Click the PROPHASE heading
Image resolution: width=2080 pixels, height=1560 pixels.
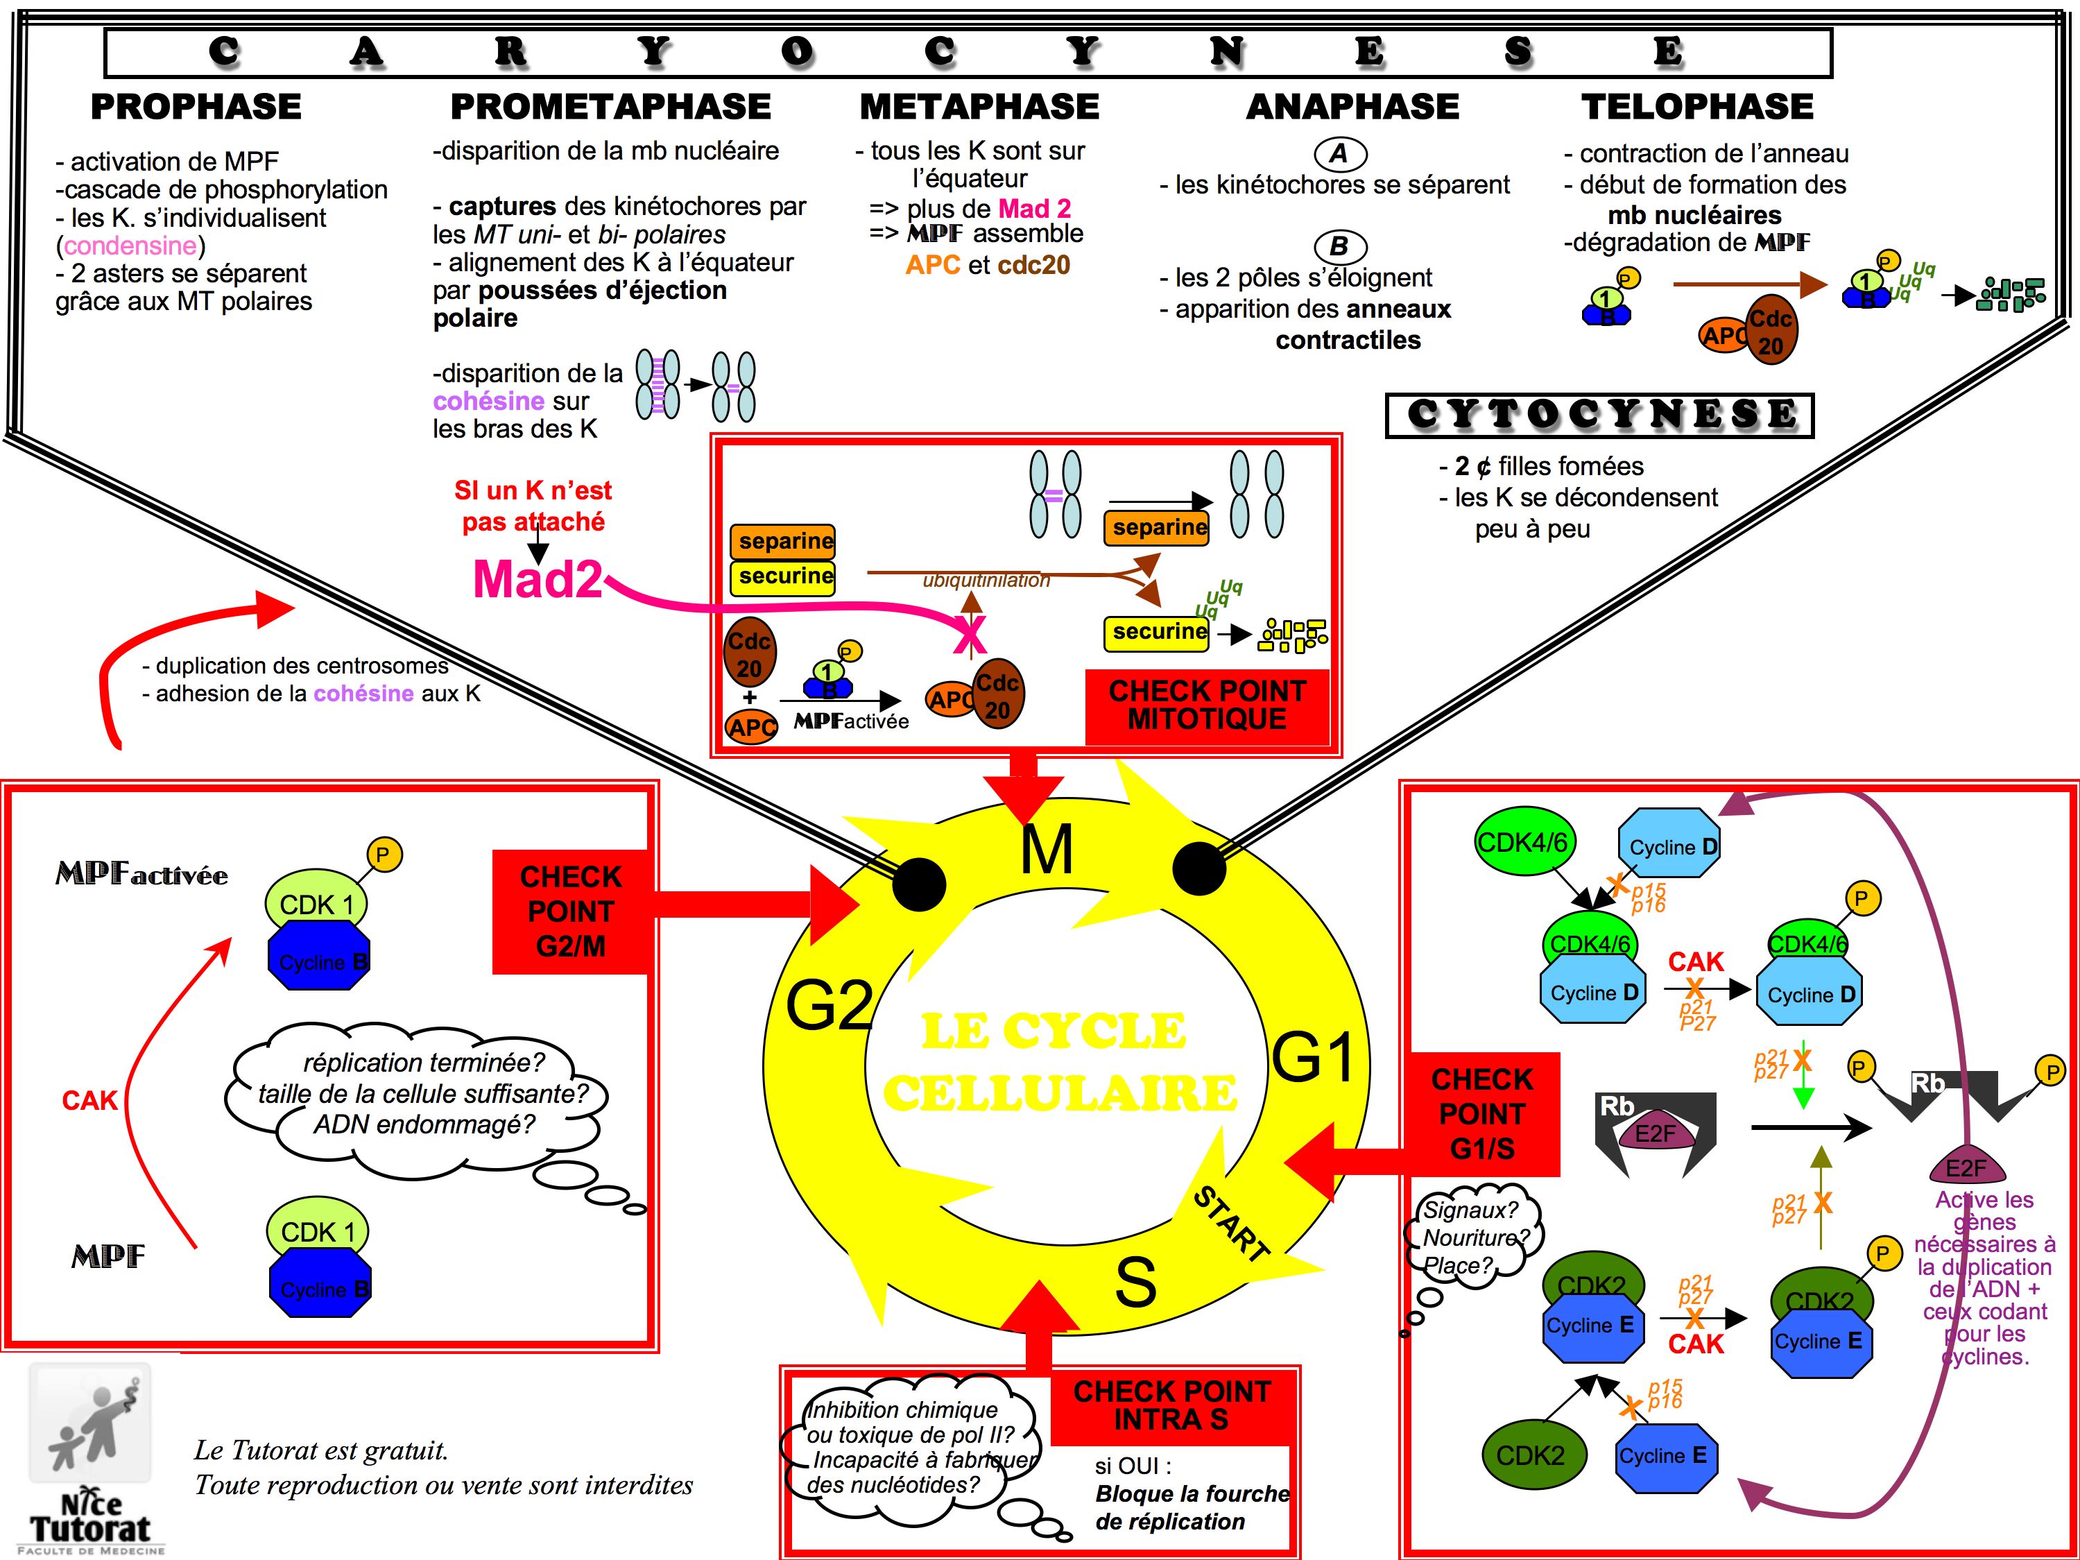(x=196, y=106)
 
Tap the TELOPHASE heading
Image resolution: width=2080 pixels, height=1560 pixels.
(x=1696, y=106)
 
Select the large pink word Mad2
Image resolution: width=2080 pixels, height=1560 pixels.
(x=537, y=579)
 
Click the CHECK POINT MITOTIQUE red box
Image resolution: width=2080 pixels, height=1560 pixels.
(x=1207, y=705)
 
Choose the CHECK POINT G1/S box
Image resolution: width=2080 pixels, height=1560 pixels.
(x=1482, y=1113)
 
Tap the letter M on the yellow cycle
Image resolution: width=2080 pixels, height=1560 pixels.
(x=1046, y=851)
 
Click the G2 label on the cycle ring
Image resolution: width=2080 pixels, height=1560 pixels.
(x=828, y=1004)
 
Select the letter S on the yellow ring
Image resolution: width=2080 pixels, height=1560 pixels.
(x=1135, y=1282)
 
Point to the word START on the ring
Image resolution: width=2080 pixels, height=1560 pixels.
(x=1231, y=1222)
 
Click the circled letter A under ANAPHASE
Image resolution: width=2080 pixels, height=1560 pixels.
(x=1339, y=153)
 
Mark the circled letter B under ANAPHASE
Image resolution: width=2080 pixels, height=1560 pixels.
(x=1339, y=246)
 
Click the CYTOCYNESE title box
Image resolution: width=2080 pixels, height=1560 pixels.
(x=1599, y=415)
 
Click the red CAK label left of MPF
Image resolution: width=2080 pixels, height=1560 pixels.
(x=89, y=1100)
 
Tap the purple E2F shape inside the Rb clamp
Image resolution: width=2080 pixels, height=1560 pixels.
(x=1655, y=1134)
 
